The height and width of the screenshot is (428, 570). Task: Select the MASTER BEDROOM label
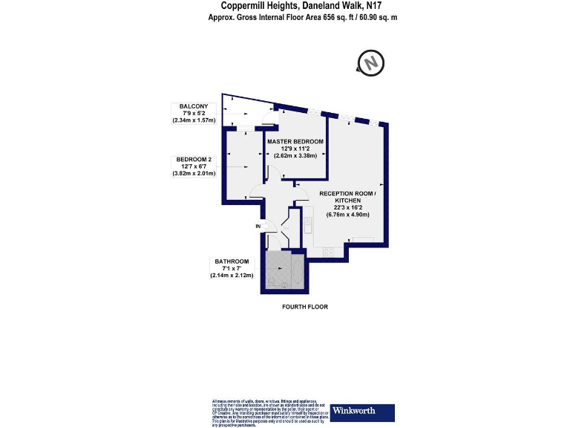(295, 141)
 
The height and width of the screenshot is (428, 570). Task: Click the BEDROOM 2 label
(194, 159)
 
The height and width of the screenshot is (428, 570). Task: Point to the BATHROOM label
(231, 261)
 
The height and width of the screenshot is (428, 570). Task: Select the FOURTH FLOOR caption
(305, 307)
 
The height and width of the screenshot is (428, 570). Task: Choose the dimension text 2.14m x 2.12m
(232, 276)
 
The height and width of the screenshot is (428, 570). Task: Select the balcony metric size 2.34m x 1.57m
(194, 120)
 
